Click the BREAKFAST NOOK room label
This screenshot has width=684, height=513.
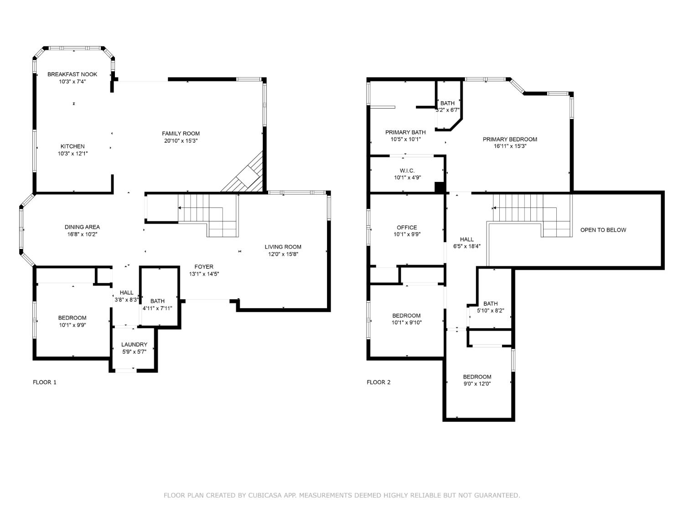(x=72, y=74)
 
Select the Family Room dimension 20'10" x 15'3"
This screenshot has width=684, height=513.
(x=181, y=141)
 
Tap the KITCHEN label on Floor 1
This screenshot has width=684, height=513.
(x=73, y=146)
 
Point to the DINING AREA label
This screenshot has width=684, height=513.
(x=82, y=227)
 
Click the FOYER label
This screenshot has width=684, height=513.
(x=204, y=267)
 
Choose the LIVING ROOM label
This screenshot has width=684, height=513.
(x=283, y=247)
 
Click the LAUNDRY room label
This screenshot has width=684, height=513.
(x=135, y=344)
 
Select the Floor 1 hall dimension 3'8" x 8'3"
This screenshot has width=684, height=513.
(x=126, y=300)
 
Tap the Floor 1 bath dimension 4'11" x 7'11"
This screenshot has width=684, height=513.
(x=157, y=308)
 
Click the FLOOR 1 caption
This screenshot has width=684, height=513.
(x=45, y=382)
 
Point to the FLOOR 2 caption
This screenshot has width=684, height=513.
(x=378, y=382)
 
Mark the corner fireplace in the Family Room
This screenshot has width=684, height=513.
(x=246, y=175)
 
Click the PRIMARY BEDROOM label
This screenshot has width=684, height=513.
(x=510, y=139)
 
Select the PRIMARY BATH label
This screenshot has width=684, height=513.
(x=405, y=132)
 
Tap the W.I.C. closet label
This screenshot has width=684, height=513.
(x=407, y=171)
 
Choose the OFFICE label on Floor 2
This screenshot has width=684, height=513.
(x=407, y=228)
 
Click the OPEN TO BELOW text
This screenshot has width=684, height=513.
(x=603, y=230)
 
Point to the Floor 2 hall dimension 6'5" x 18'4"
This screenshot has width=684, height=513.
(x=467, y=246)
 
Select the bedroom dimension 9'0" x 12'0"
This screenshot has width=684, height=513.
(x=477, y=384)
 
